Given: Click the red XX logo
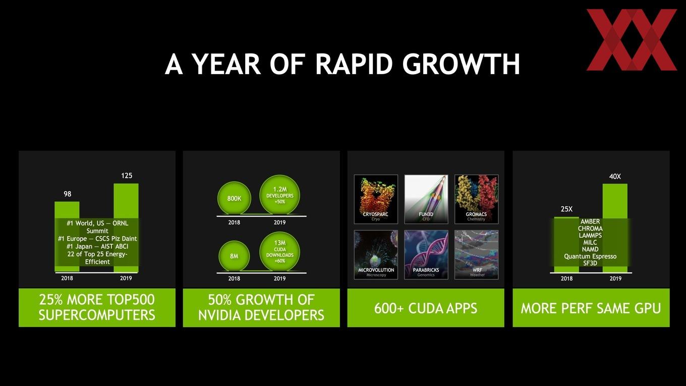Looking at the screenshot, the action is pyautogui.click(x=632, y=40).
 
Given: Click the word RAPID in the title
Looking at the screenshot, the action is pyautogui.click(x=354, y=64).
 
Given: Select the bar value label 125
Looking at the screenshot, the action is pyautogui.click(x=127, y=176).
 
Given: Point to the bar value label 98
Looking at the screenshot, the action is pyautogui.click(x=68, y=194).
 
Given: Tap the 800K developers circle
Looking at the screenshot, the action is pyautogui.click(x=234, y=198).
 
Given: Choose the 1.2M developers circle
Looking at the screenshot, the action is pyautogui.click(x=279, y=195).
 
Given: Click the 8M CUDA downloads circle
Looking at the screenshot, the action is pyautogui.click(x=234, y=256).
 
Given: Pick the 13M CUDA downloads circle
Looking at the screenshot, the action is pyautogui.click(x=279, y=251).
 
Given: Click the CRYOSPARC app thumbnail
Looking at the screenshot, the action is pyautogui.click(x=376, y=199).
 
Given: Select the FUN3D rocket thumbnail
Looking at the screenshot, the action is pyautogui.click(x=426, y=199).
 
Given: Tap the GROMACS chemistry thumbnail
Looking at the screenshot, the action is pyautogui.click(x=476, y=199).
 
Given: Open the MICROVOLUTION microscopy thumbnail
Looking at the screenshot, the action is pyautogui.click(x=376, y=255).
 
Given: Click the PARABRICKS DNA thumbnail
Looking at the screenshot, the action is pyautogui.click(x=426, y=255).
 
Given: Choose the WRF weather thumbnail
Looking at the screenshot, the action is pyautogui.click(x=476, y=255).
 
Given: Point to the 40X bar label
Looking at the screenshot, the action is pyautogui.click(x=615, y=177).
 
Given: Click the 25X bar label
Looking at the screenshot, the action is pyautogui.click(x=566, y=209).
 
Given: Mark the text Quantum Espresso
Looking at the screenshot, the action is pyautogui.click(x=590, y=256).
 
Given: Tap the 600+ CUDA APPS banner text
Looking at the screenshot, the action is pyautogui.click(x=426, y=308).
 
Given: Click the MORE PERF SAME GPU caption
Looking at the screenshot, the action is pyautogui.click(x=591, y=308).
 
